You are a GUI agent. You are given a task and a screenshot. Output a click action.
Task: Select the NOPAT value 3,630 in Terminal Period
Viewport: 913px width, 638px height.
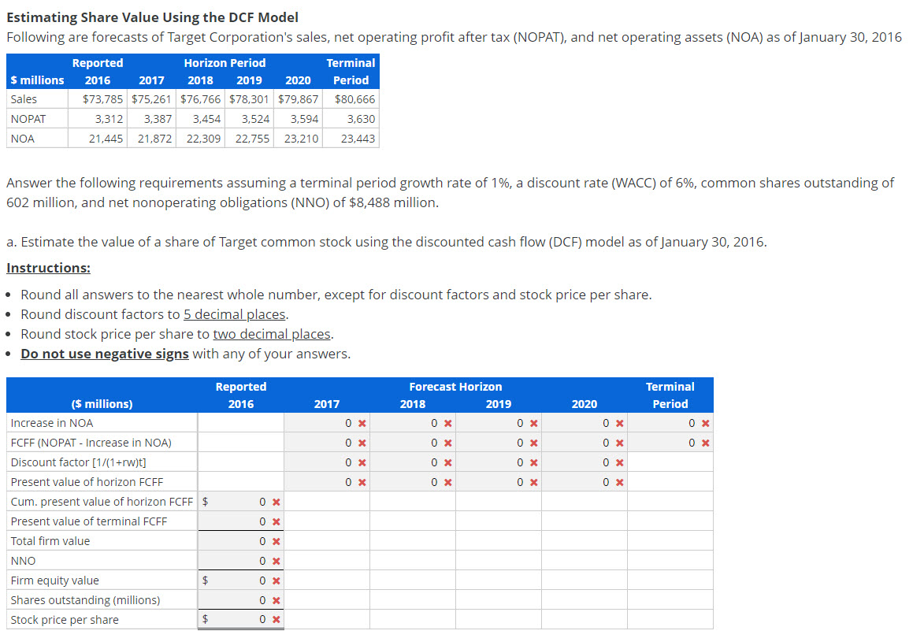pos(361,119)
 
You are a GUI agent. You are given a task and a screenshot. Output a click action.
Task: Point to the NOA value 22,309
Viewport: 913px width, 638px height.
pos(203,139)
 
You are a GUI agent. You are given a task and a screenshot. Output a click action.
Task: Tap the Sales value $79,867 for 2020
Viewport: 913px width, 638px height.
pos(299,99)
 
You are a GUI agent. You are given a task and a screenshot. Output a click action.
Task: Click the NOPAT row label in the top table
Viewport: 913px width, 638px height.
pos(28,119)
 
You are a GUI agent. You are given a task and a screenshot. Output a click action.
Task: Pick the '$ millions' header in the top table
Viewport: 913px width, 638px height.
pos(38,80)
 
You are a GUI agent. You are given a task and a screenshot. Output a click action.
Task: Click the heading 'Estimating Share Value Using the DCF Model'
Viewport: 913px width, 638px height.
pos(152,17)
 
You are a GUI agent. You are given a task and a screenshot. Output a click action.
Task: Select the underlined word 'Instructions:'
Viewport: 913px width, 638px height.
pos(48,268)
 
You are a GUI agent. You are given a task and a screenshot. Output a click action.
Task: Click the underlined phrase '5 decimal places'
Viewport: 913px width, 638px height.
pos(234,314)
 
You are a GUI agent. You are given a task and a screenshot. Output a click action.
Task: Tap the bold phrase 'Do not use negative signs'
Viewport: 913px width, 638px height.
pos(105,354)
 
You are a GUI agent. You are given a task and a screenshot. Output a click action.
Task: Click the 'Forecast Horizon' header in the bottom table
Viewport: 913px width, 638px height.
pos(455,387)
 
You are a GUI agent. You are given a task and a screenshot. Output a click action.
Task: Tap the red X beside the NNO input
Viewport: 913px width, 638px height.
pos(276,561)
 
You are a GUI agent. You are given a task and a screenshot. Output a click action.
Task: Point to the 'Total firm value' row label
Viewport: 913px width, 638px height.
pos(50,541)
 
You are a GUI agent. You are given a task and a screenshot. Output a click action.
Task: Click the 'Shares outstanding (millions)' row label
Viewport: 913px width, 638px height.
pos(85,600)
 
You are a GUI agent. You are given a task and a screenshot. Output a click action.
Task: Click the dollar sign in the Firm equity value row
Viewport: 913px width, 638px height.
pos(206,581)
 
